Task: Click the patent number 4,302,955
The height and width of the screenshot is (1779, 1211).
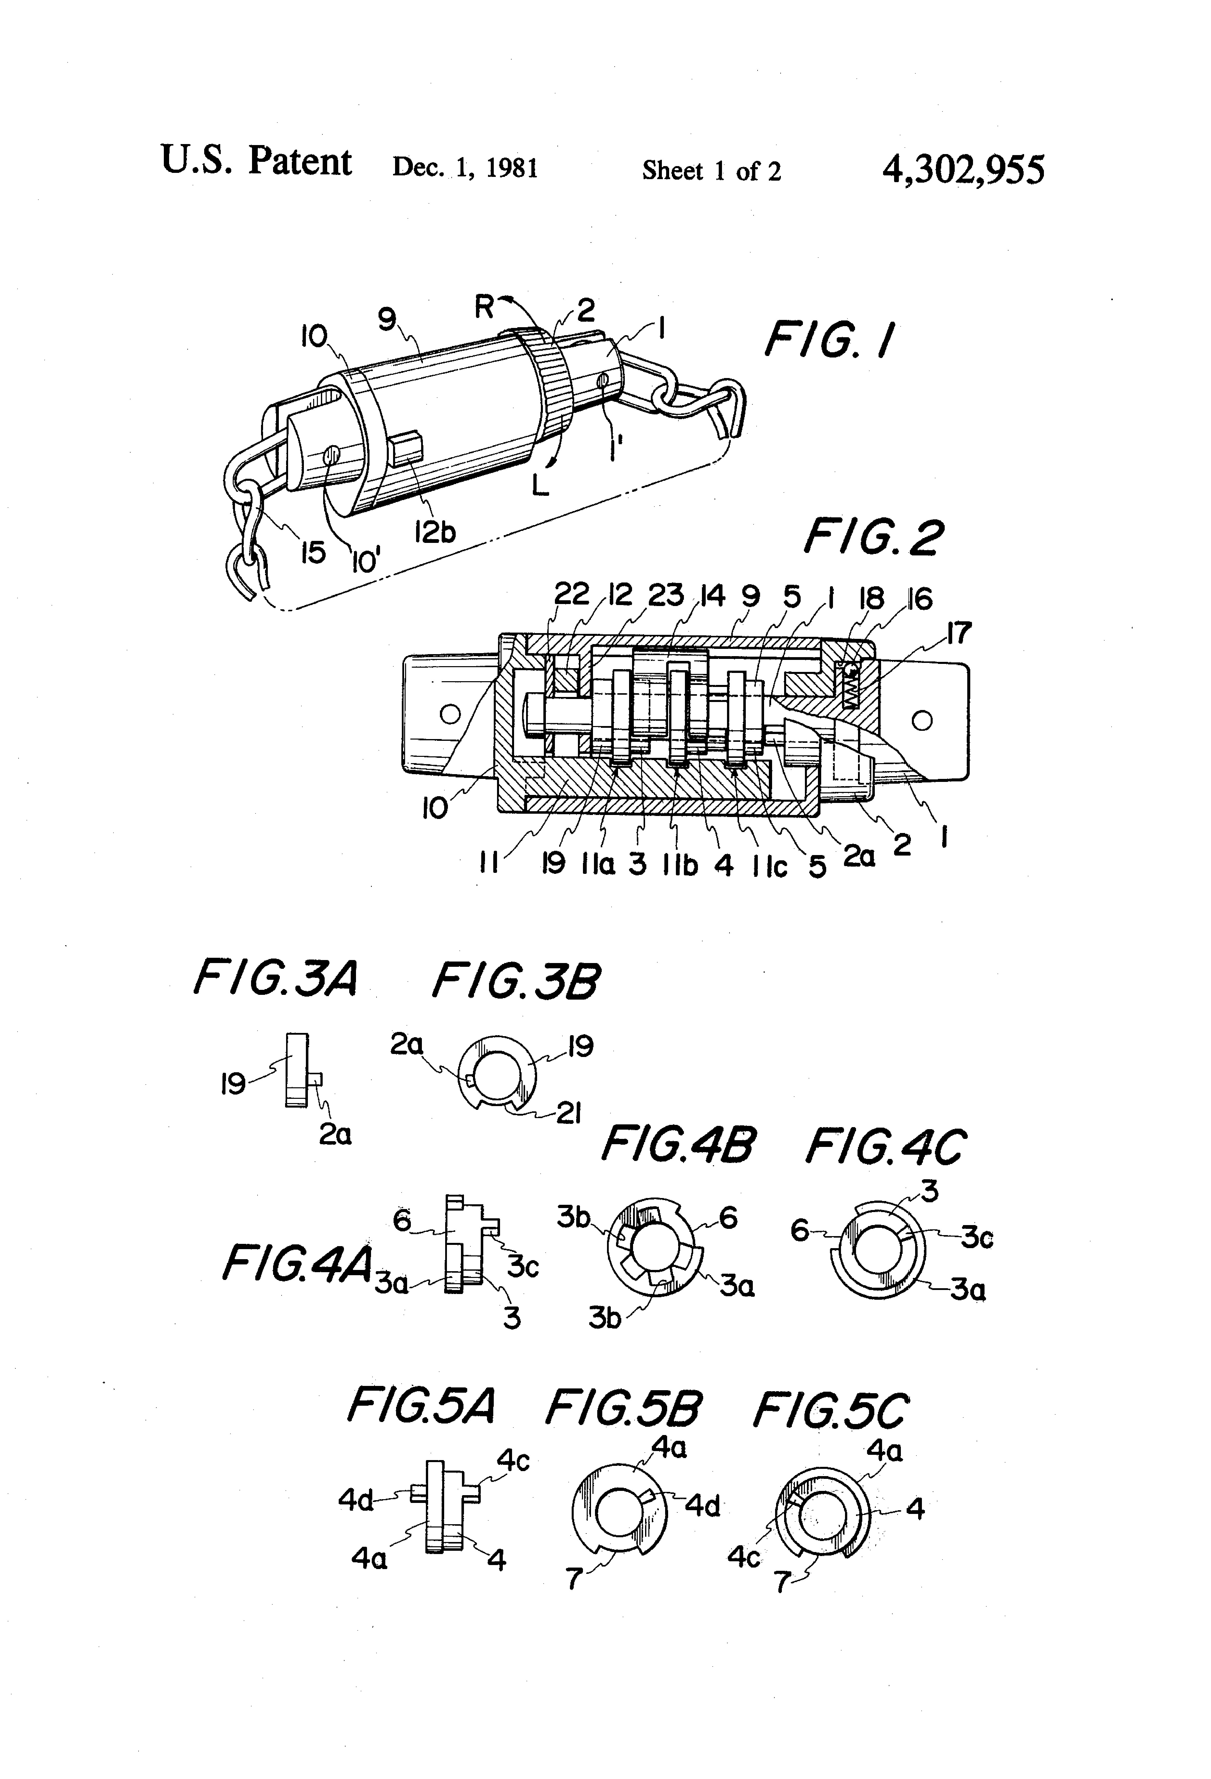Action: (963, 169)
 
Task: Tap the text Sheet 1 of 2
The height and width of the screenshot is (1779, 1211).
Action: (711, 170)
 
